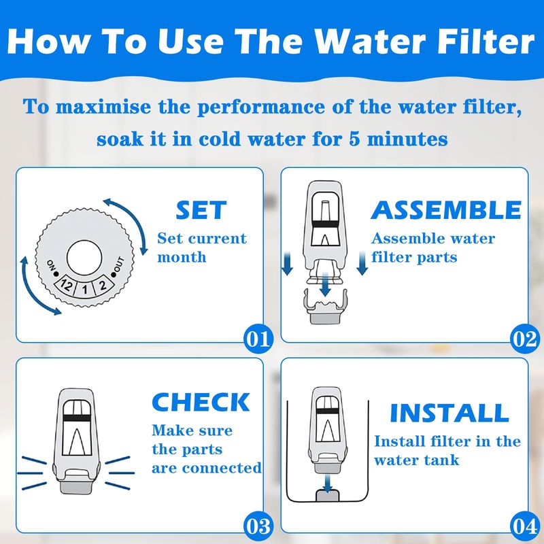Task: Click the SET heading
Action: coord(201,210)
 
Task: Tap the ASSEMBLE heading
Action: coord(446,210)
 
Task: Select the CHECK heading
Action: coord(201,402)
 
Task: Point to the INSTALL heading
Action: coord(449,413)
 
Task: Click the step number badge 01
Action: coord(258,339)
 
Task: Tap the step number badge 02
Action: coord(524,339)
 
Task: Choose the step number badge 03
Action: coord(258,526)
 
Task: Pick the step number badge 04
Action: coord(524,526)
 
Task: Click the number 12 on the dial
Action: coord(66,286)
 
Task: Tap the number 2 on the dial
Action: coord(103,286)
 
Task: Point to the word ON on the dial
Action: coord(52,265)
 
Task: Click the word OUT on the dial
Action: coord(118,265)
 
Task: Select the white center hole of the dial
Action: coord(84,258)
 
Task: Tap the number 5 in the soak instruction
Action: coord(354,139)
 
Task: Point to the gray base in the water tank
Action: coord(327,495)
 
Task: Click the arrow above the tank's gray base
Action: coord(327,483)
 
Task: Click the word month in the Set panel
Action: coord(182,258)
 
